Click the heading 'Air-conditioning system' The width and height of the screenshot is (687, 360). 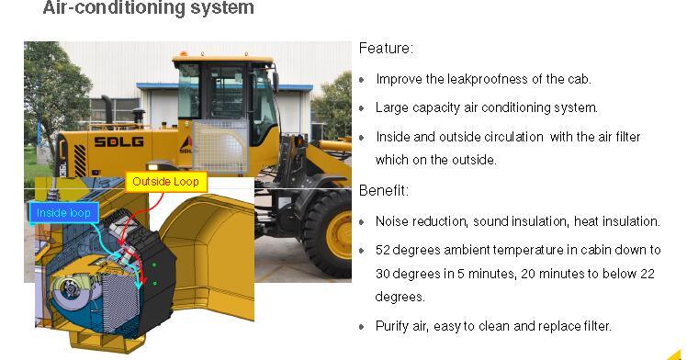(148, 10)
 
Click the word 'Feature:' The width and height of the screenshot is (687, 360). (386, 49)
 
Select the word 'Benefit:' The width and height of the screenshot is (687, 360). (384, 191)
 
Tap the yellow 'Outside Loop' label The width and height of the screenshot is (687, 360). (164, 182)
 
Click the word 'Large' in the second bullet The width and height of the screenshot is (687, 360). (392, 107)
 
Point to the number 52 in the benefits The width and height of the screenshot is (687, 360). (383, 250)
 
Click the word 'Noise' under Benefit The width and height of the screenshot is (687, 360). (392, 221)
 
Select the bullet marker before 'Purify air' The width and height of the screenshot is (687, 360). (362, 327)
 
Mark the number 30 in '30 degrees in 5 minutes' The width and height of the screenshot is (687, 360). (383, 274)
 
